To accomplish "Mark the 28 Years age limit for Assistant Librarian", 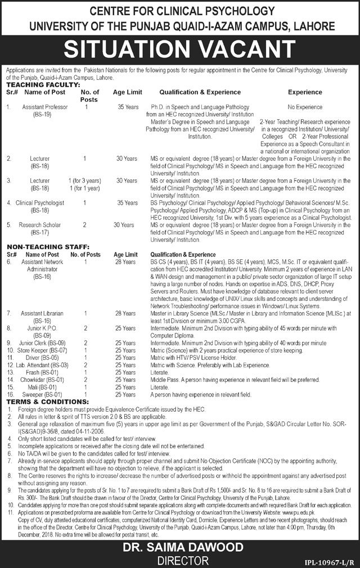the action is (x=123, y=312).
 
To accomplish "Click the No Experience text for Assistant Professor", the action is (x=304, y=106).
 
